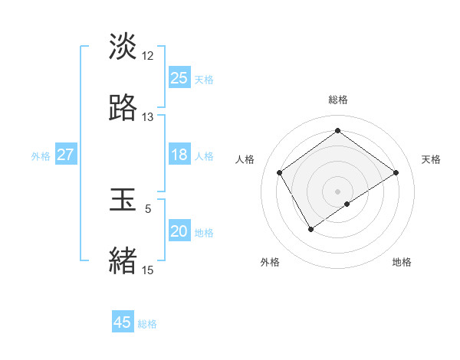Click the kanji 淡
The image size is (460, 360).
click(123, 46)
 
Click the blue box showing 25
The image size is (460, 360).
click(179, 78)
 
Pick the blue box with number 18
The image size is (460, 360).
click(179, 155)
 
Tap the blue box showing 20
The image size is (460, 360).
click(179, 232)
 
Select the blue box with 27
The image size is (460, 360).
click(65, 155)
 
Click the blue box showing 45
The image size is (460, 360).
click(122, 322)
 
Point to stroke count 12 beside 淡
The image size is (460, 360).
click(148, 56)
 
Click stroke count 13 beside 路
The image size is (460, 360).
click(148, 117)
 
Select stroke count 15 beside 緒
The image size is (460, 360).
click(148, 270)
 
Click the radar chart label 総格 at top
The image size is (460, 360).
click(338, 100)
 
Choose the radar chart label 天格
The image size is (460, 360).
click(431, 159)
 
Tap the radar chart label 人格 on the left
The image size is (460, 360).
click(245, 159)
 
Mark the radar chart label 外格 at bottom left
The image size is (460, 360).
click(270, 262)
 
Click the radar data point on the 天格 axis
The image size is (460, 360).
click(396, 172)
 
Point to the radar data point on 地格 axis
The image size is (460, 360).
click(347, 204)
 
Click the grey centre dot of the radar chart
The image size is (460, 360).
click(338, 191)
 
